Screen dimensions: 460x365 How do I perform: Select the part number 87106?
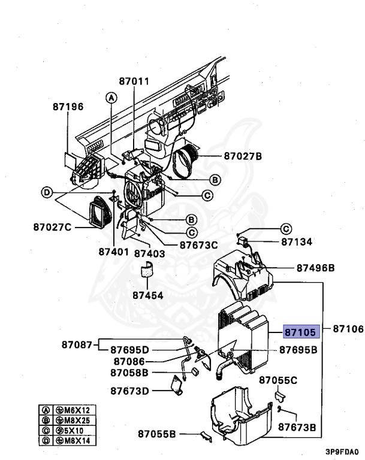348,329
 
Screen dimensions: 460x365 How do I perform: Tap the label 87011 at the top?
134,81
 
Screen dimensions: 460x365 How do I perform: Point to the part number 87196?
68,107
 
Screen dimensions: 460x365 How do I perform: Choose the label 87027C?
53,227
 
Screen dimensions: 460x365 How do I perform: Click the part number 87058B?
129,373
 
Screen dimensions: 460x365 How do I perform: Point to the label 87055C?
278,380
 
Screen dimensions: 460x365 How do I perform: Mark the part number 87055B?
157,434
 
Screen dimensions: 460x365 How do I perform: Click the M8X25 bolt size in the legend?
76,420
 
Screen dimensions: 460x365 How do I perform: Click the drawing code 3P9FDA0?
342,452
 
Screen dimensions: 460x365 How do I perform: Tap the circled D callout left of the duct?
46,193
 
